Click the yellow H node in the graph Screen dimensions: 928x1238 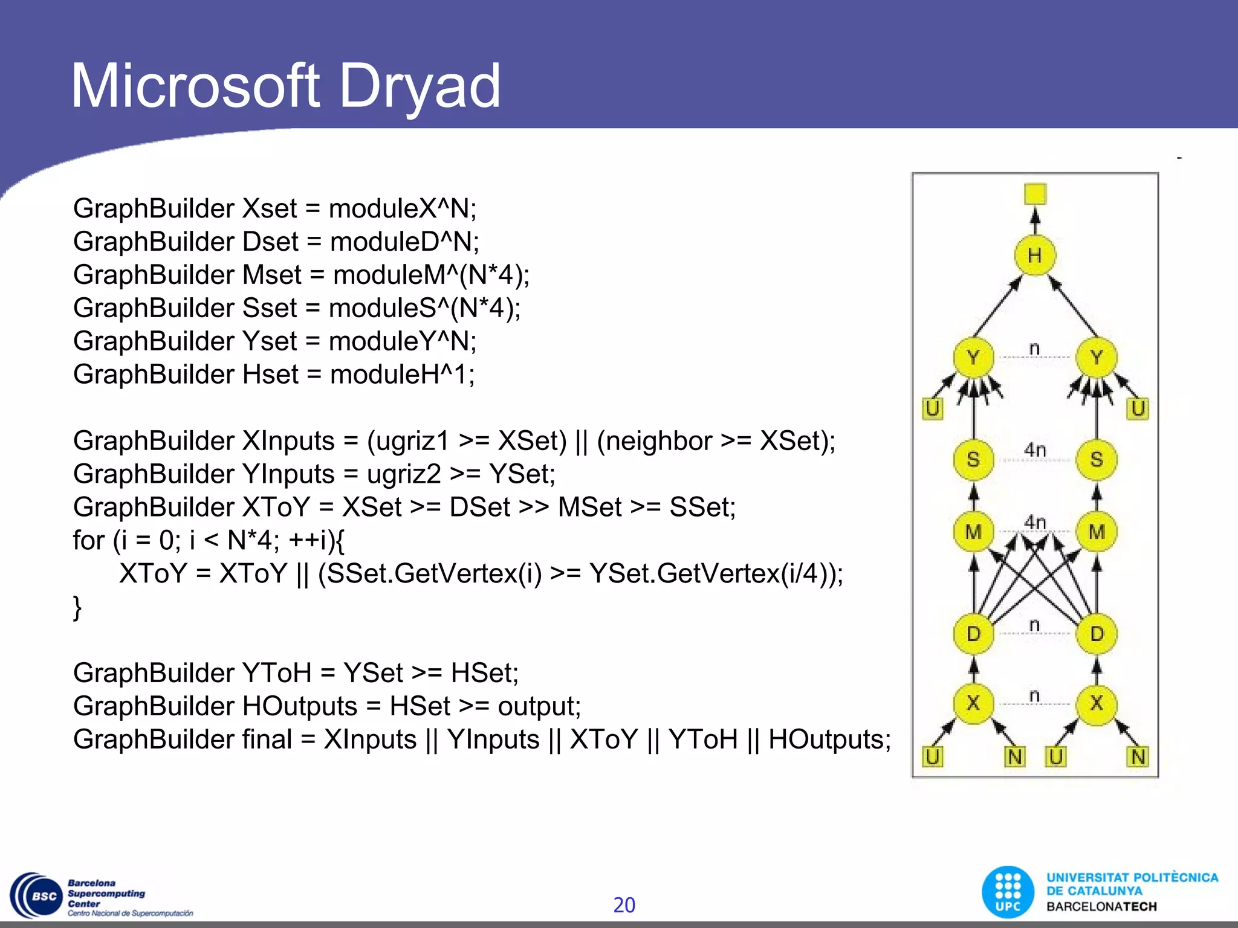pos(1034,256)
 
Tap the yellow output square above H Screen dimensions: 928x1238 pos(1035,194)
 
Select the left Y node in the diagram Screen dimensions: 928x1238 pos(973,357)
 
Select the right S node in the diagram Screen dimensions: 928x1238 pos(1097,459)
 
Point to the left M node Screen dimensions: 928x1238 pos(973,532)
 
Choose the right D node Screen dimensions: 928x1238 pos(1097,634)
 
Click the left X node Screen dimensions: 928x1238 pos(973,703)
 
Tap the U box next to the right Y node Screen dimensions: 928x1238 pos(1138,408)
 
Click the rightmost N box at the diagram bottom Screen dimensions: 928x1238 pos(1138,756)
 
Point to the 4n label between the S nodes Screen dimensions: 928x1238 pos(1035,449)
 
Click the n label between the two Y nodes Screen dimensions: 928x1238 pos(1034,349)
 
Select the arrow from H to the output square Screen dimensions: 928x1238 pos(1035,221)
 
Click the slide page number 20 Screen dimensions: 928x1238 pos(624,905)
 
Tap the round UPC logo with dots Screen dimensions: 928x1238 pos(1008,892)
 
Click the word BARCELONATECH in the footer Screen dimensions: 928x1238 pos(1101,907)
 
